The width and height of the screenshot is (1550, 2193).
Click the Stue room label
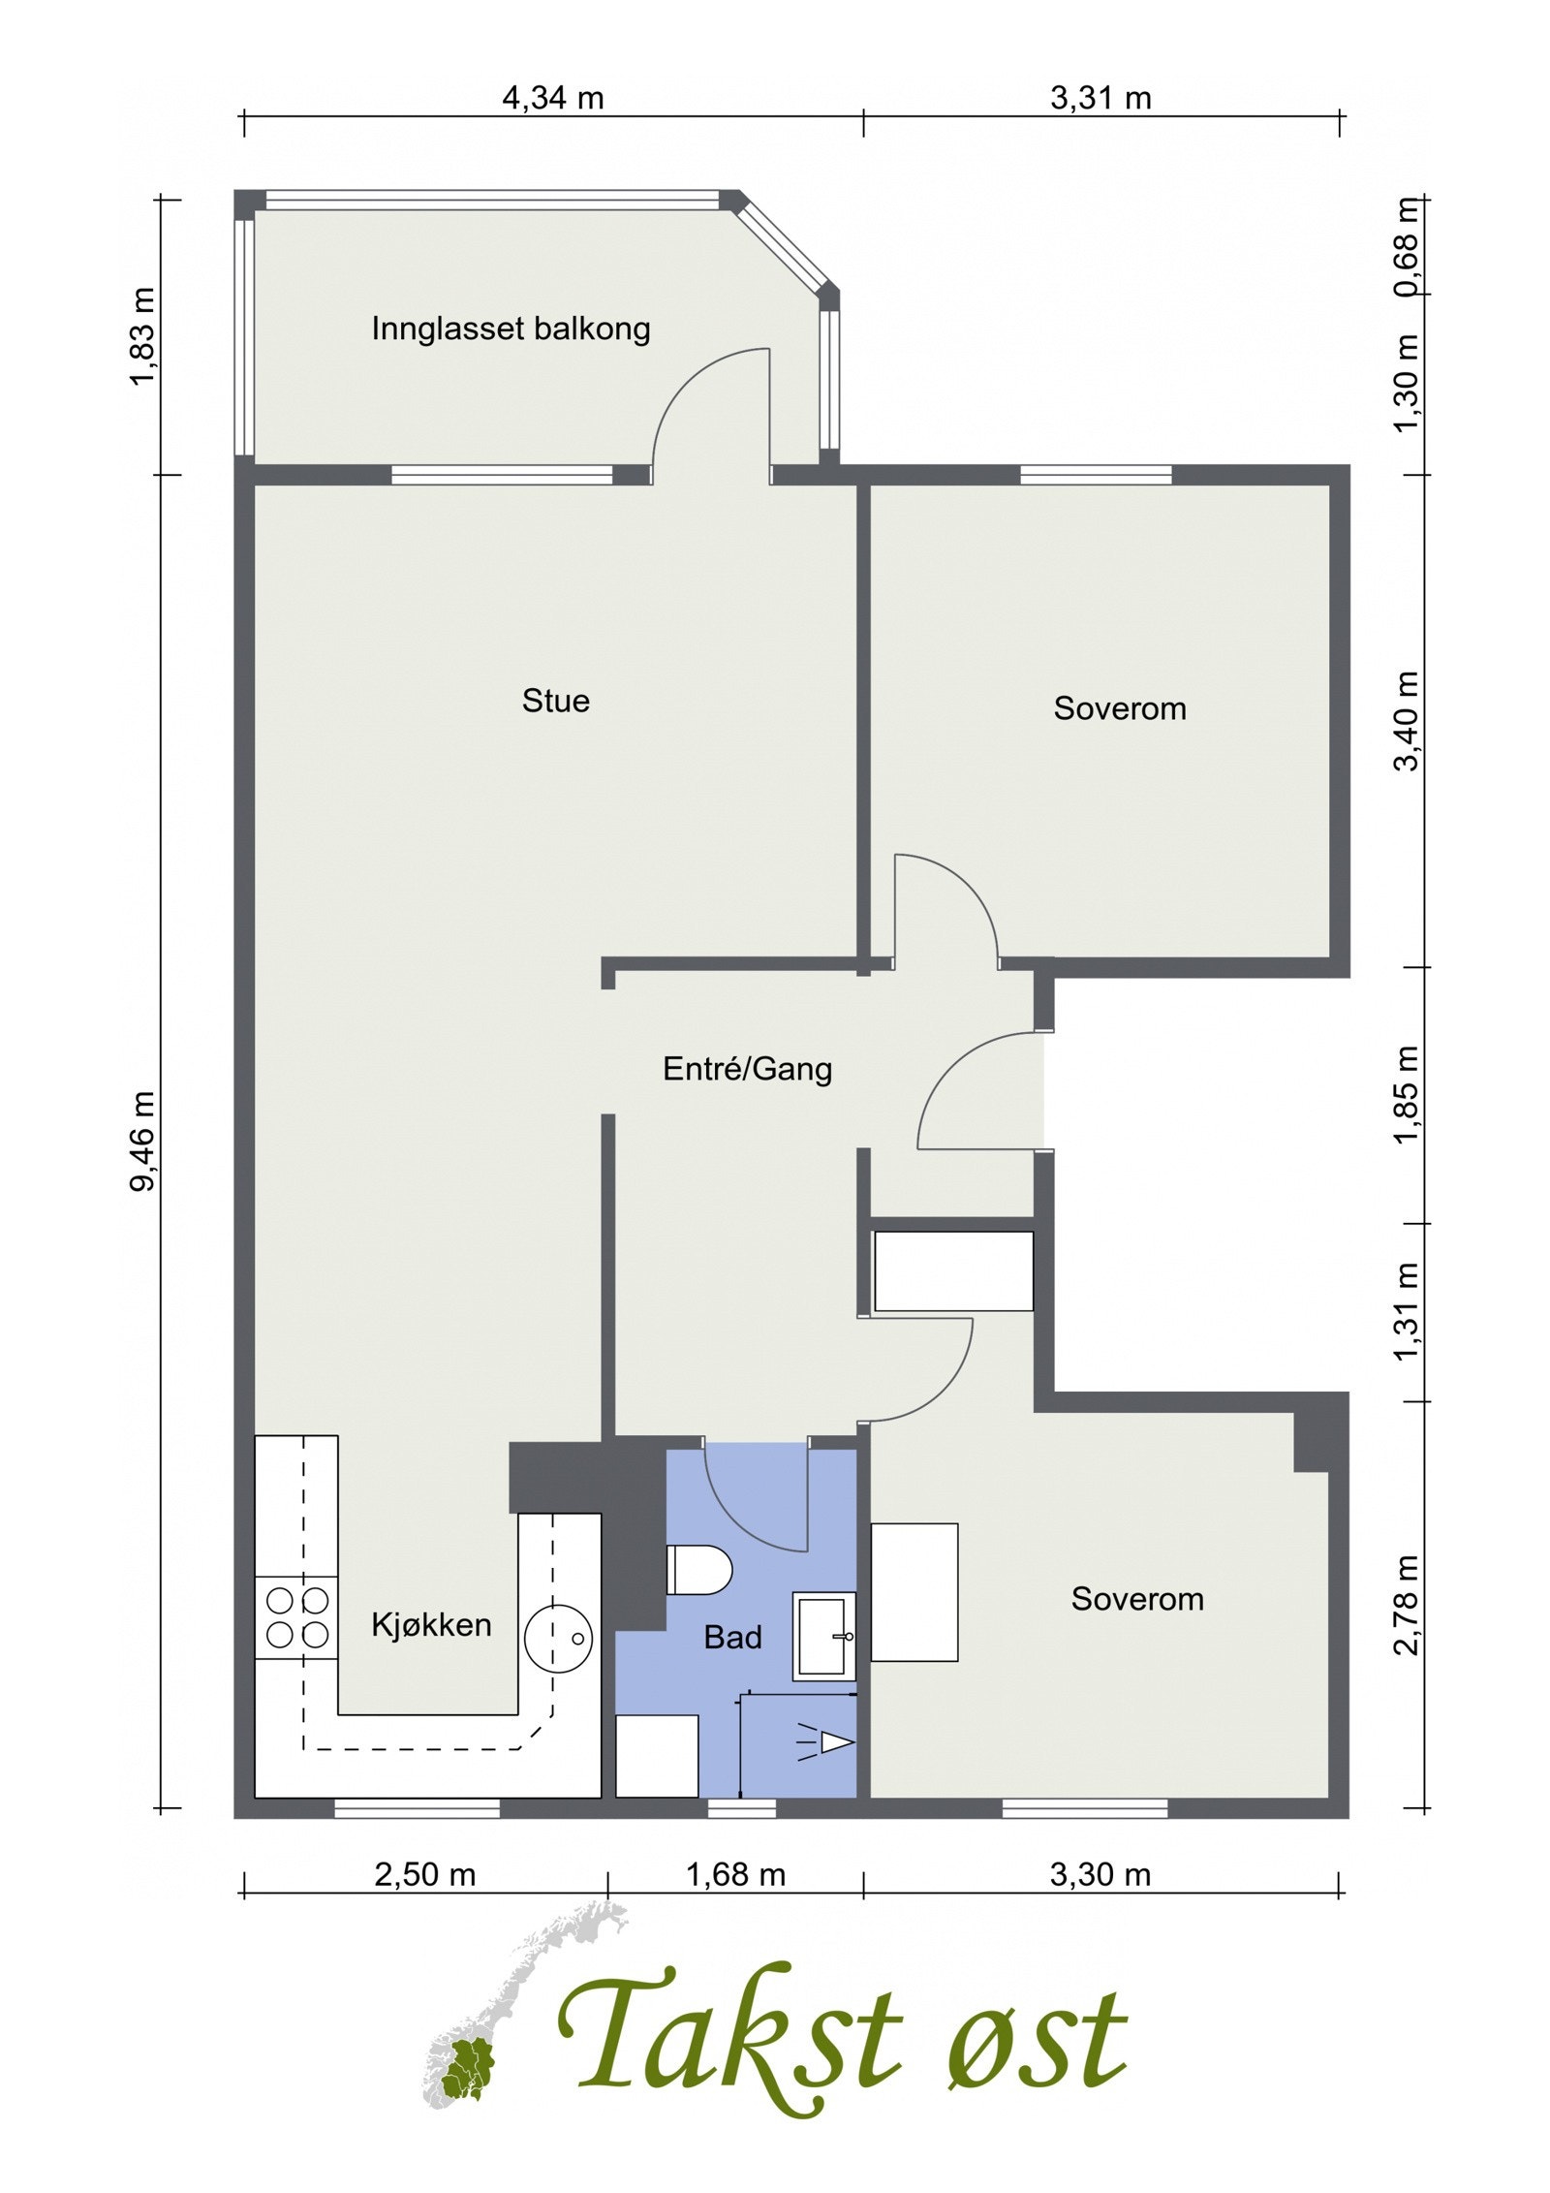(x=555, y=701)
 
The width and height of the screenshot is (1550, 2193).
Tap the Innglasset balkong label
(x=511, y=329)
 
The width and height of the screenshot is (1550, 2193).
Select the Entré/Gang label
(x=747, y=1069)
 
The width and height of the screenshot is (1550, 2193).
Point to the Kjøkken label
(x=431, y=1624)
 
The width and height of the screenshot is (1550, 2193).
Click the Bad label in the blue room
(x=732, y=1638)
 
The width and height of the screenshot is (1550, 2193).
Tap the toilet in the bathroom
(x=698, y=1570)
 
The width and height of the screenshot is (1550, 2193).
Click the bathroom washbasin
(x=824, y=1636)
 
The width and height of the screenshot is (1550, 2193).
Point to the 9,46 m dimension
(x=144, y=1142)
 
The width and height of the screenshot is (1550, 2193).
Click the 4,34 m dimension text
(x=552, y=98)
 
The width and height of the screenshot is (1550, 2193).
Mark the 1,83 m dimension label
(x=144, y=335)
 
